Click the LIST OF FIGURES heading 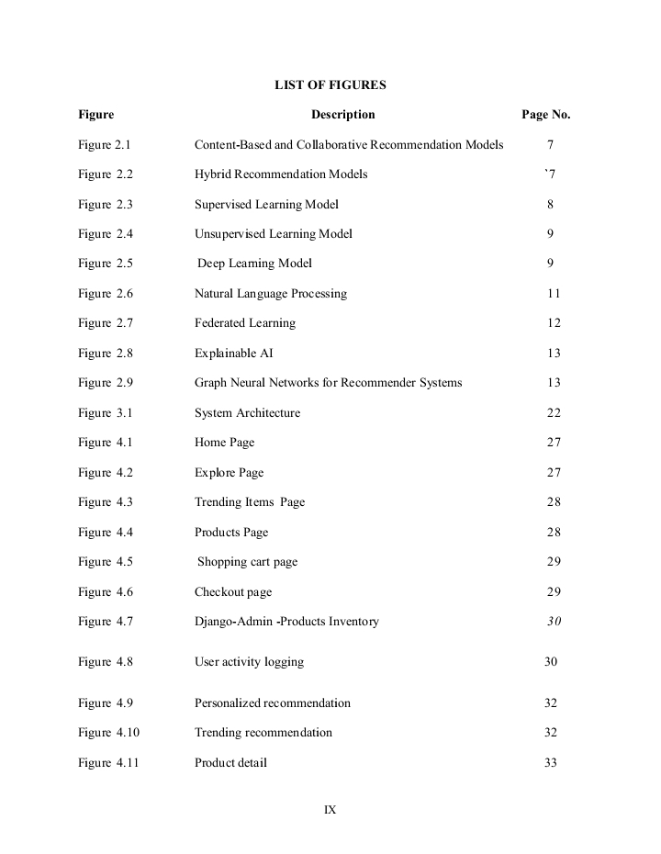pos(330,85)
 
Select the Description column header pos(342,115)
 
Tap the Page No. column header pos(545,115)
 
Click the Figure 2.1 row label pos(105,145)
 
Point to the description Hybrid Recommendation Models pos(280,174)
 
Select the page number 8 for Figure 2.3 pos(550,205)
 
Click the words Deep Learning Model pos(255,264)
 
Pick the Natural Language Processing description pos(270,294)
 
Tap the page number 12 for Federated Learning pos(553,323)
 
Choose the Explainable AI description pos(233,354)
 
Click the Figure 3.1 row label pos(105,413)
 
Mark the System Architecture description pos(247,413)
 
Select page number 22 pos(554,413)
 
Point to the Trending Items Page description pos(249,502)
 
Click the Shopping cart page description pos(247,562)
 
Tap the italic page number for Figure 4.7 pos(554,622)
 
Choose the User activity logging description pos(249,662)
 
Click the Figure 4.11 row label pos(107,763)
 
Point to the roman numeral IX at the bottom pos(330,810)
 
